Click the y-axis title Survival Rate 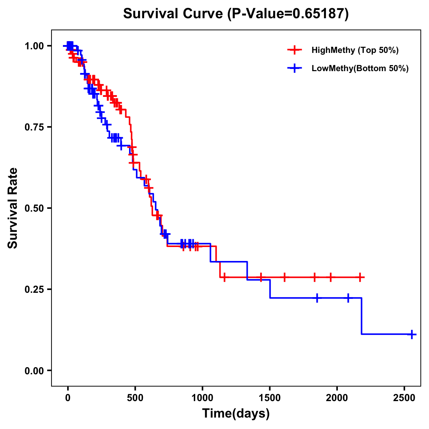(x=13, y=208)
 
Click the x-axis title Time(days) (x=236, y=414)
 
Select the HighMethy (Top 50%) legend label (x=355, y=50)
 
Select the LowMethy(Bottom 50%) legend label (x=360, y=68)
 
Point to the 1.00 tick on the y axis (x=34, y=46)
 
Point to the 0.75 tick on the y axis (x=34, y=127)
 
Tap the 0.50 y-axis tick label (x=34, y=208)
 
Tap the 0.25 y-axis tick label (x=34, y=289)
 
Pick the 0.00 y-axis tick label (x=34, y=370)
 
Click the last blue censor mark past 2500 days (x=412, y=334)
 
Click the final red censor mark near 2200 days (x=360, y=277)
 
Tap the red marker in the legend (x=295, y=50)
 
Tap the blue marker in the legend (x=295, y=68)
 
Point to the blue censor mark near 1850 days (x=317, y=298)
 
